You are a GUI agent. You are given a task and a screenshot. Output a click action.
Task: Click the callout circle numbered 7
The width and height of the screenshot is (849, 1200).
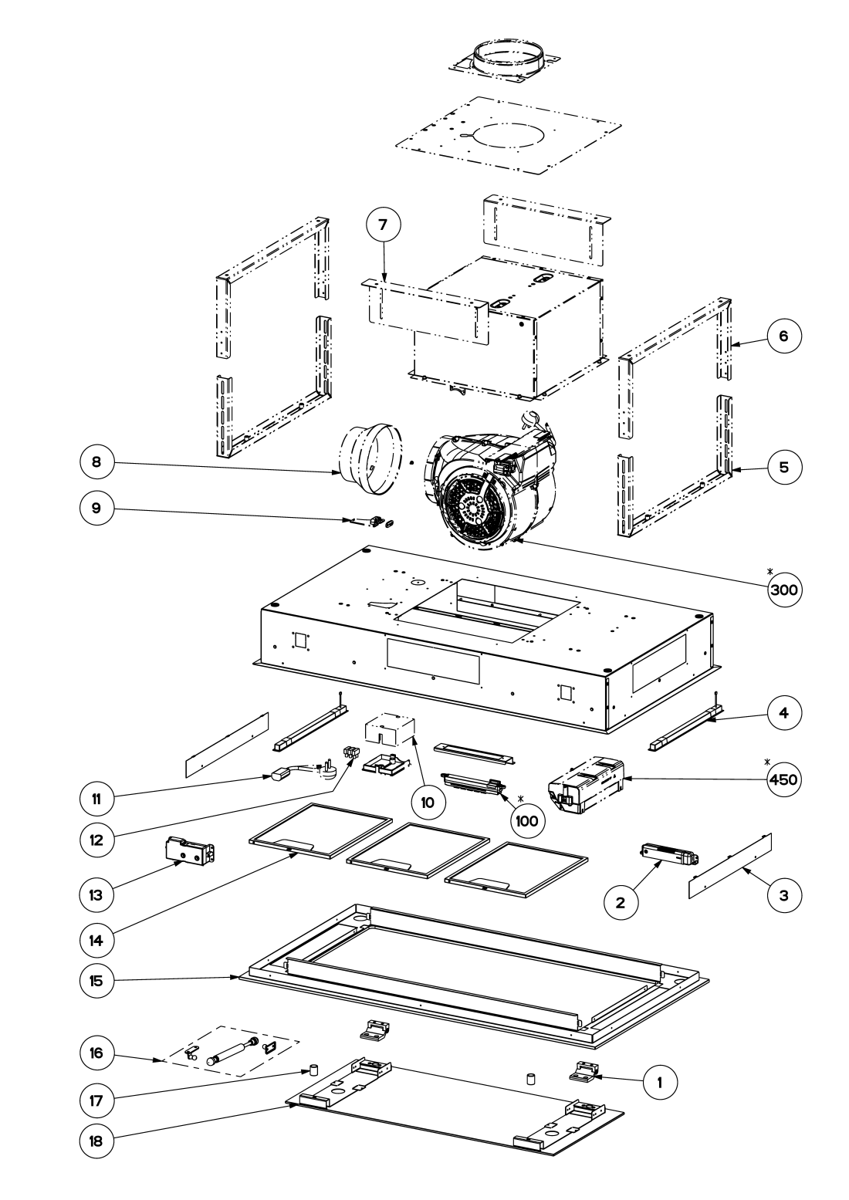click(x=383, y=225)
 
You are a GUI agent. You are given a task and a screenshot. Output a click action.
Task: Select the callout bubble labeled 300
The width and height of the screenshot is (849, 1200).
click(x=784, y=590)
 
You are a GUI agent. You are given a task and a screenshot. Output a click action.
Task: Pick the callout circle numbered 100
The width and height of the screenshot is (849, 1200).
click(x=527, y=821)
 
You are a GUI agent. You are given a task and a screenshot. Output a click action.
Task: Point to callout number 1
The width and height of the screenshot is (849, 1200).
click(x=660, y=1083)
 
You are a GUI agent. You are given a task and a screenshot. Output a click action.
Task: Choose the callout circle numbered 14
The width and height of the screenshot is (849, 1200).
click(x=96, y=940)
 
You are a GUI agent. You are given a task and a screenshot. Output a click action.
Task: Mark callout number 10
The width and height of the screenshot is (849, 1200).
click(x=428, y=802)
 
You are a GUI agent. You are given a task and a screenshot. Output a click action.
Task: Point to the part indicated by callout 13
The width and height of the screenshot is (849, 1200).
click(x=190, y=850)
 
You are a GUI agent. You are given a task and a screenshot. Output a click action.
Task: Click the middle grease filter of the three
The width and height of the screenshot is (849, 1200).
click(x=418, y=850)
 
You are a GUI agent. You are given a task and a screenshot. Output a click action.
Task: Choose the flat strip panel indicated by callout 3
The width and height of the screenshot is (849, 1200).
click(x=730, y=866)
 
